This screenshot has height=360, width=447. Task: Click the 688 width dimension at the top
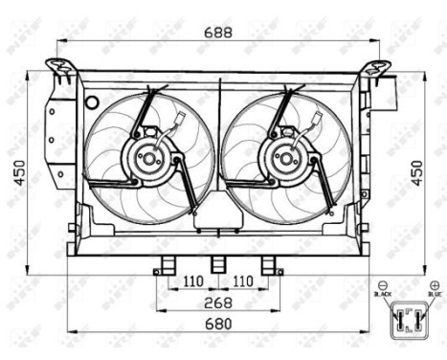217,33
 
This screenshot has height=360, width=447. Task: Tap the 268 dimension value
217,304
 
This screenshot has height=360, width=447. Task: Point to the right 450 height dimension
416,171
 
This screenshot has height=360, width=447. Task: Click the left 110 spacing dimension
191,282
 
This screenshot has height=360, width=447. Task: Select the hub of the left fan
148,161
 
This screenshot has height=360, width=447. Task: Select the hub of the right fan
285,161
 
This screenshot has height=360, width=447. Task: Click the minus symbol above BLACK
383,285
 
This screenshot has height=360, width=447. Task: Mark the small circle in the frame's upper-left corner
91,102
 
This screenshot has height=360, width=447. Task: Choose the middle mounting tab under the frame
217,265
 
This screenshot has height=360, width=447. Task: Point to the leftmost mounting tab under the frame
167,265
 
